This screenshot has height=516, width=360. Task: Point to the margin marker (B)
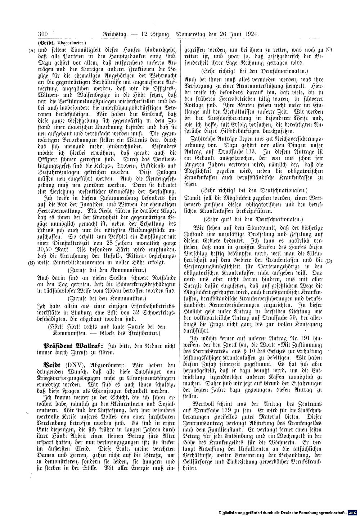click(32, 263)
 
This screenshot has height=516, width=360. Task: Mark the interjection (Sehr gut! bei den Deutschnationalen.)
click(253, 219)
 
